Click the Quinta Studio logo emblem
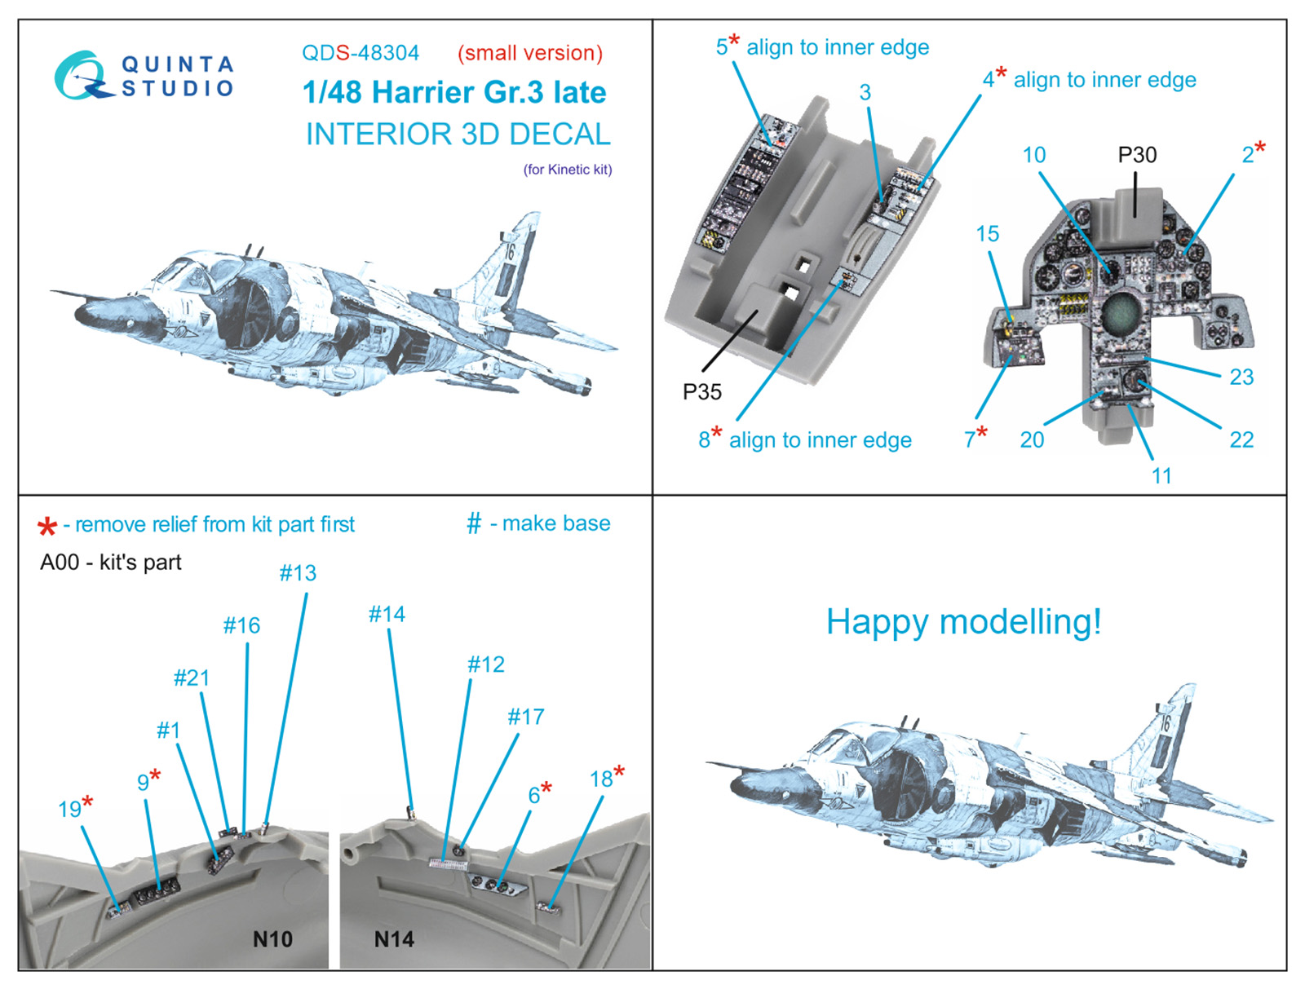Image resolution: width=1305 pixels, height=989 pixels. tap(82, 76)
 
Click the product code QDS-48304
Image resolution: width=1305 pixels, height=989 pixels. tap(360, 53)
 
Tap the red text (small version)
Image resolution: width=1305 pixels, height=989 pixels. tap(530, 53)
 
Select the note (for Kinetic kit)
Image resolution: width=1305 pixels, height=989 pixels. tap(568, 170)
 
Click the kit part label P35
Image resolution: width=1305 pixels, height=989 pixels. tap(701, 392)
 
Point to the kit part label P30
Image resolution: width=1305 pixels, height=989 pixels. tap(1137, 155)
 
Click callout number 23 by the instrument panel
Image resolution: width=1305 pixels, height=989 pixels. tap(1241, 377)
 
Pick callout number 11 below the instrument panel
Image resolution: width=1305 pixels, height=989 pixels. tap(1161, 476)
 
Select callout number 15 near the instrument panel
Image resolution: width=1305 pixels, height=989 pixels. tap(987, 234)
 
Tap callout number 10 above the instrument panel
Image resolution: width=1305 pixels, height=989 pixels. tap(1034, 155)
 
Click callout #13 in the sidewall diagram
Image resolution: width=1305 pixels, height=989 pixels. tap(298, 573)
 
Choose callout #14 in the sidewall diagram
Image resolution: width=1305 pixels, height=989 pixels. tap(387, 614)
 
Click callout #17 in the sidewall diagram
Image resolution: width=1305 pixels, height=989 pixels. tap(525, 717)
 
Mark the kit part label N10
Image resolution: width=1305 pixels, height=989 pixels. tap(272, 939)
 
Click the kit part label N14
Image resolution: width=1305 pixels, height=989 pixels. tap(394, 939)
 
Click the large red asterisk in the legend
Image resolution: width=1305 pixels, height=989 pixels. tap(47, 527)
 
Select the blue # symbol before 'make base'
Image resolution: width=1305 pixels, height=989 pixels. tap(474, 523)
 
